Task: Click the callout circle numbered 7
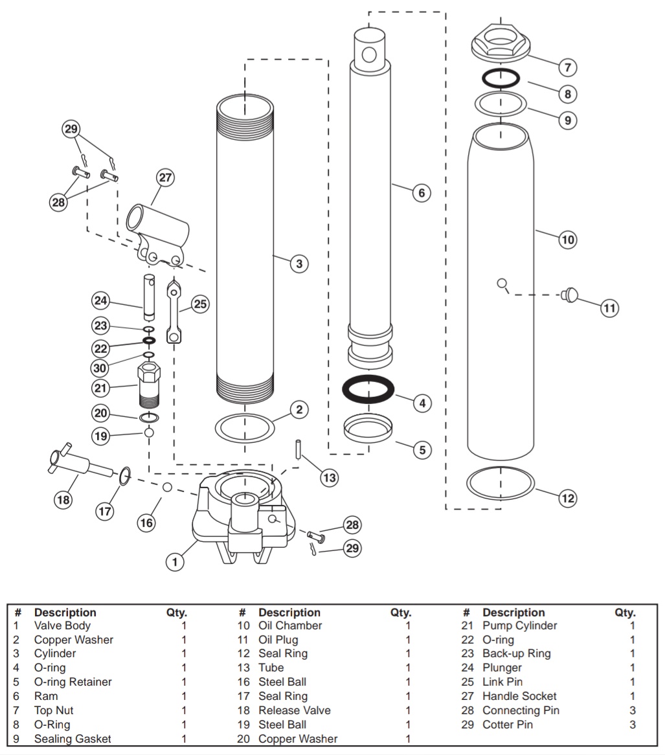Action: tap(567, 67)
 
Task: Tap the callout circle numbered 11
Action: tap(609, 308)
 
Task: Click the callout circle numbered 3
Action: tap(299, 264)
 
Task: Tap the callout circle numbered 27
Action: tap(166, 177)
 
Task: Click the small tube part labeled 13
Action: tap(299, 449)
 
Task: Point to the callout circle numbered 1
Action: tap(174, 562)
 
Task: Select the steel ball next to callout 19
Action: tap(149, 432)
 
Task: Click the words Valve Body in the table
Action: tap(62, 626)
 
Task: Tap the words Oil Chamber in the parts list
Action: tap(289, 626)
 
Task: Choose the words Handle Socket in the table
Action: tap(519, 697)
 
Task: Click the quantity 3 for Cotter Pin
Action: tap(632, 725)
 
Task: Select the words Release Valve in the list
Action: tap(294, 711)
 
